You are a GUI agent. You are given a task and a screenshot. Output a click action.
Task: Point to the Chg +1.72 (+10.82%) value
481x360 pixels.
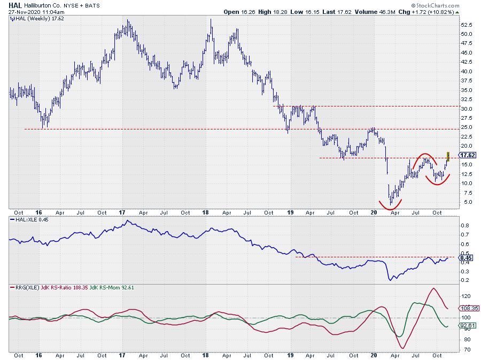[440, 11]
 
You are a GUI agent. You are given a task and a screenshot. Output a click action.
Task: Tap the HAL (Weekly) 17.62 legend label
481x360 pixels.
[35, 18]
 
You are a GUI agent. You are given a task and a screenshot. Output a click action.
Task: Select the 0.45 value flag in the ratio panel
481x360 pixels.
[466, 258]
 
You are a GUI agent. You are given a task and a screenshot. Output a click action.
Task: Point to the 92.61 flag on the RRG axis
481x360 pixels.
[467, 325]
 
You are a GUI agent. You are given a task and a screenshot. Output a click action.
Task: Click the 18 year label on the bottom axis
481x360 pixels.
[206, 355]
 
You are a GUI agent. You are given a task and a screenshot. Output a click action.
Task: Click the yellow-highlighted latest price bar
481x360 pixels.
[448, 156]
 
